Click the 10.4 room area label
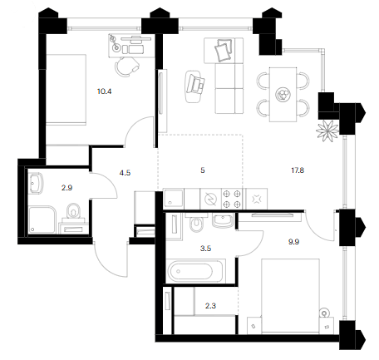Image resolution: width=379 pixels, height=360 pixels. click(x=104, y=91)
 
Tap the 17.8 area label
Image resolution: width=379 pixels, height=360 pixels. click(x=298, y=170)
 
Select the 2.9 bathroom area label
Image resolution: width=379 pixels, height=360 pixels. click(x=66, y=188)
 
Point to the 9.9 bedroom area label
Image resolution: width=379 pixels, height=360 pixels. click(x=293, y=242)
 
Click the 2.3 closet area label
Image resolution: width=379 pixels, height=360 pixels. click(x=210, y=306)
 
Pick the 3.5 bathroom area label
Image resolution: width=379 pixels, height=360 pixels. click(x=205, y=249)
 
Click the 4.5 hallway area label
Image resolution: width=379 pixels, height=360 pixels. click(x=125, y=173)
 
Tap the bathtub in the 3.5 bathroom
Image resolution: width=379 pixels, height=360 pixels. click(x=195, y=271)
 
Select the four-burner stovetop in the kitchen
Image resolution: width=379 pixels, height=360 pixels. click(x=232, y=199)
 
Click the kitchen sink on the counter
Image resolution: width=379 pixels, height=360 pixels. click(x=174, y=199)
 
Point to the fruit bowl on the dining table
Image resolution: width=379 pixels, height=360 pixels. click(x=283, y=94)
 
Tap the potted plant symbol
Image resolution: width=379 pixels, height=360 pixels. click(x=327, y=131)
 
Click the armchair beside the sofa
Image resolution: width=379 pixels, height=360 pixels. click(x=195, y=86)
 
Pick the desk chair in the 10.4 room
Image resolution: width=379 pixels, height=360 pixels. click(x=127, y=67)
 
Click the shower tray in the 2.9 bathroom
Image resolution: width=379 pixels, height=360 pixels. click(x=42, y=219)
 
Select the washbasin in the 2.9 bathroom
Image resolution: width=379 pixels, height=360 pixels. click(x=36, y=183)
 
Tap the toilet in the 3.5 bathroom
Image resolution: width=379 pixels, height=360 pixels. click(x=196, y=223)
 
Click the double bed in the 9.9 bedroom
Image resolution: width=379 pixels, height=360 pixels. click(x=291, y=295)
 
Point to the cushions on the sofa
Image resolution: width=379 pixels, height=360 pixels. click(x=224, y=50)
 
